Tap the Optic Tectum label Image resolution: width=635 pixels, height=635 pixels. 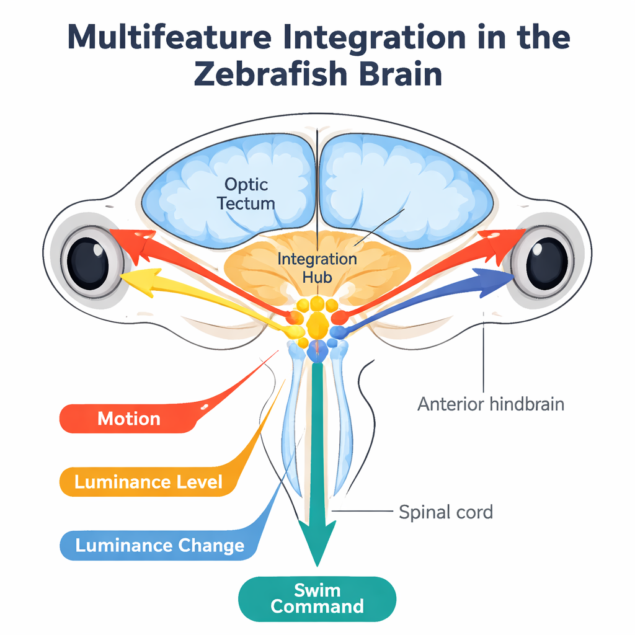click(x=246, y=193)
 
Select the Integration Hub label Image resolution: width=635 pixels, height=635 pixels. click(x=317, y=267)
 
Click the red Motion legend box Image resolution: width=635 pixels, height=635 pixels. click(x=129, y=419)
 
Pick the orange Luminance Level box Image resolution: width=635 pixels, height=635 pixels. click(x=148, y=482)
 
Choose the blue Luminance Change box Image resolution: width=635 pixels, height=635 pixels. click(x=159, y=546)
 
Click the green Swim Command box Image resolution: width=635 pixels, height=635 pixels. click(x=317, y=598)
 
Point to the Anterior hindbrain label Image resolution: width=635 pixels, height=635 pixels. click(x=491, y=404)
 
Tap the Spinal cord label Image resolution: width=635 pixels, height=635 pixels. click(x=445, y=512)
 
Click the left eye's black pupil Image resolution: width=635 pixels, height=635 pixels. click(x=87, y=261)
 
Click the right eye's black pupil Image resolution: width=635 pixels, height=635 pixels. click(x=546, y=261)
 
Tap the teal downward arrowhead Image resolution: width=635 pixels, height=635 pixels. click(x=317, y=540)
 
